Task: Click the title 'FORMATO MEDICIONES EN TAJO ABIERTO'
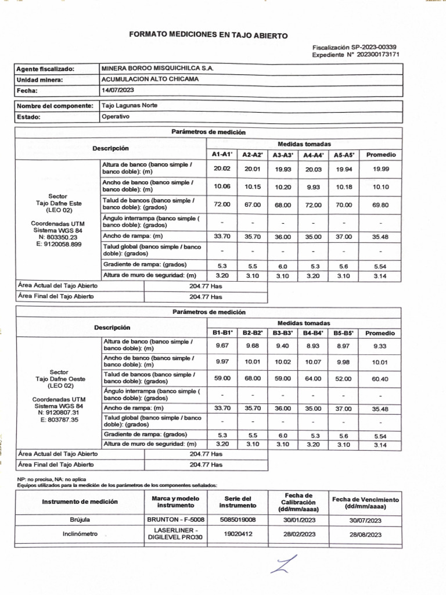pyautogui.click(x=208, y=35)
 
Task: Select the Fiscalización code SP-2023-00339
pyautogui.click(x=376, y=47)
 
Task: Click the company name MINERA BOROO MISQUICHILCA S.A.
pyautogui.click(x=157, y=69)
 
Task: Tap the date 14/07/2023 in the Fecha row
pyautogui.click(x=118, y=91)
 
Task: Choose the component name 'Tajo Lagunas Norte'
pyautogui.click(x=129, y=106)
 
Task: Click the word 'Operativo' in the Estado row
pyautogui.click(x=116, y=116)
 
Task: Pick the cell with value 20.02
pyautogui.click(x=222, y=169)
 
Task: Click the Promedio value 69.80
pyautogui.click(x=380, y=205)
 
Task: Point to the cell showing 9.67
pyautogui.click(x=222, y=346)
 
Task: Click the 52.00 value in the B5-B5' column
pyautogui.click(x=343, y=379)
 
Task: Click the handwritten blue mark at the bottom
pyautogui.click(x=284, y=565)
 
